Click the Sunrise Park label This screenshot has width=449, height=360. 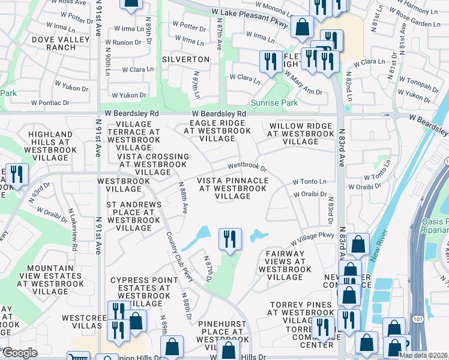274,103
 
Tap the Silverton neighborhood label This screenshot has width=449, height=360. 185,60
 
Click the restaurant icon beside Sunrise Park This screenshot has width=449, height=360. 271,61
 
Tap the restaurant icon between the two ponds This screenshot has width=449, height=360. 230,238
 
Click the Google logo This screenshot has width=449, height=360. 20,352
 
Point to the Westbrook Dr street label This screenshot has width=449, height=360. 246,166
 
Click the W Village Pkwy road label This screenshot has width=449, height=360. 312,238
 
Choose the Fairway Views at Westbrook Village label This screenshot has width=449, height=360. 285,265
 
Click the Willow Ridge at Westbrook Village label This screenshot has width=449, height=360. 301,134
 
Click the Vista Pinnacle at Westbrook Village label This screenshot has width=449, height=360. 233,188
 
